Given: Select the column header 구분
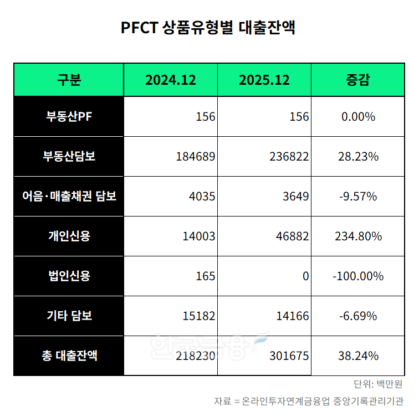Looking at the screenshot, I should click(69, 80).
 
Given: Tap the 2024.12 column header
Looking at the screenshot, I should click(171, 80).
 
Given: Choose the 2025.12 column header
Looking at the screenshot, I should click(264, 80).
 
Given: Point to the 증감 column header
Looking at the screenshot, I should click(357, 80).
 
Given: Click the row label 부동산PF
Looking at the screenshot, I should click(69, 117).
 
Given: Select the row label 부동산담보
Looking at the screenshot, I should click(69, 157).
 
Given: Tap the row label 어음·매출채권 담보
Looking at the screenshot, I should click(69, 197).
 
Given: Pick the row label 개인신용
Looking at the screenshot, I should click(69, 236).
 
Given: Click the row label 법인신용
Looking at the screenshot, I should click(69, 276).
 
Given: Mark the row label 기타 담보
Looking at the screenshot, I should click(69, 316).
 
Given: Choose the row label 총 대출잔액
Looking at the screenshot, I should click(69, 356).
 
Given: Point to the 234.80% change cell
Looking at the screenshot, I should click(357, 236).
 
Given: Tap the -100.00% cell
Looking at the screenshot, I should click(357, 276).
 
